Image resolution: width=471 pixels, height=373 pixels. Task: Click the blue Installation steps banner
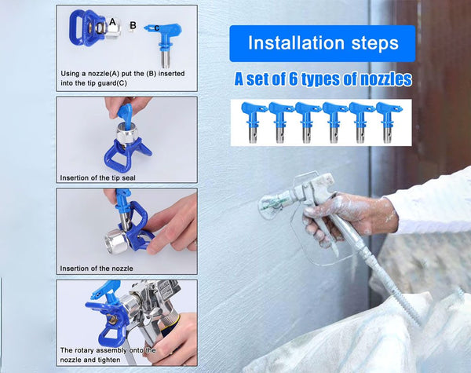pos(321,42)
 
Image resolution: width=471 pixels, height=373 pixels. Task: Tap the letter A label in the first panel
pos(113,22)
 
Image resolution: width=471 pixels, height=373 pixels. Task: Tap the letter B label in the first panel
pos(133,25)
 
